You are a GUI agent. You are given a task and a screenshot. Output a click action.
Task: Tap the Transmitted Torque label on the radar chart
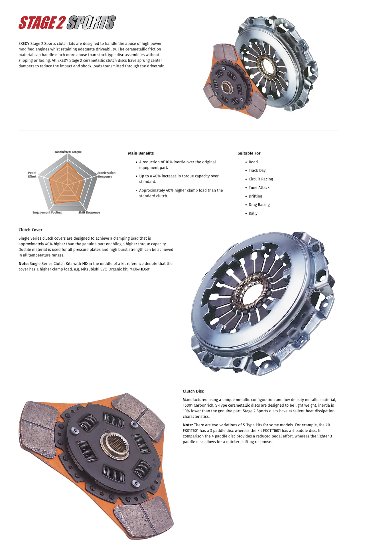point(67,152)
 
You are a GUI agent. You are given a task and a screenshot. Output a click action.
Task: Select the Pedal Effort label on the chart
point(32,175)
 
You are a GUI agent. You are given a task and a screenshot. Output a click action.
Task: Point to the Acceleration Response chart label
point(106,175)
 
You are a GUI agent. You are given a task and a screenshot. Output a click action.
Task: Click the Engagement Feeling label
point(47,213)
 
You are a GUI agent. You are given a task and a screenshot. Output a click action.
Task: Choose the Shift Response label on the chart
point(89,213)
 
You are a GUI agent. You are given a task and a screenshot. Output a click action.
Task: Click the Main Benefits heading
point(141,153)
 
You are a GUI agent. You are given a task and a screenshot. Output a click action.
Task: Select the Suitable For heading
point(249,153)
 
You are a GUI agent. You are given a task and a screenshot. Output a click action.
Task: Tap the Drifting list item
point(255,196)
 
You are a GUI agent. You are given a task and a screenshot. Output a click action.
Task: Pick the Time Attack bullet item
point(259,188)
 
